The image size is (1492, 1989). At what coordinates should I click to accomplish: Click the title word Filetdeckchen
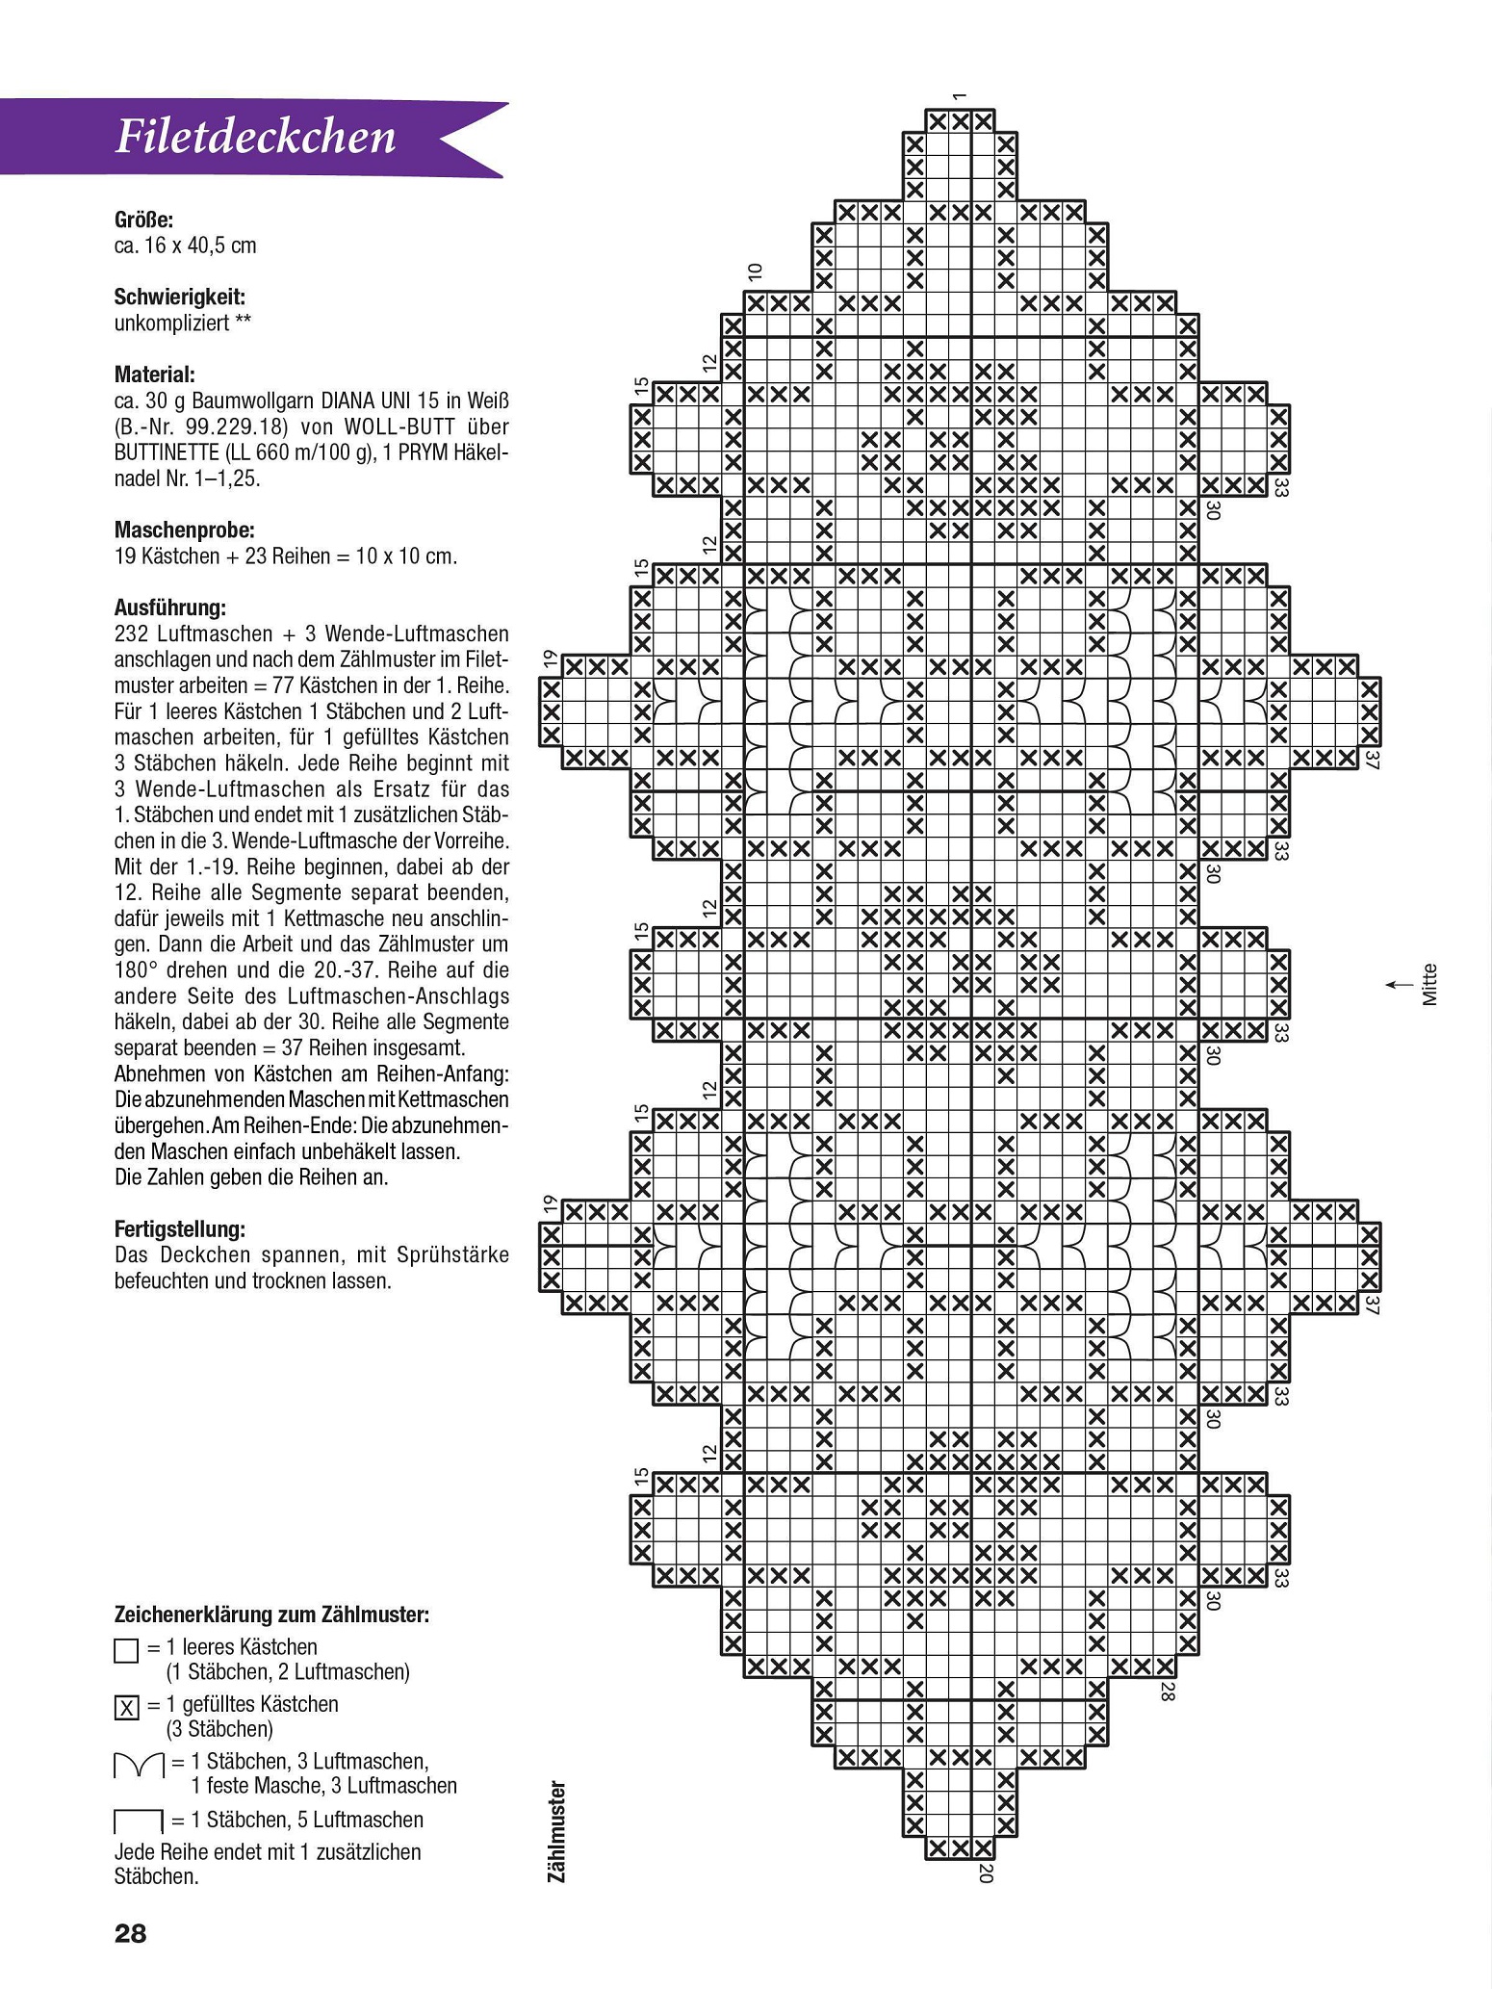tap(255, 138)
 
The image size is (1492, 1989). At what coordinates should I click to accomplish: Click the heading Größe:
tap(143, 220)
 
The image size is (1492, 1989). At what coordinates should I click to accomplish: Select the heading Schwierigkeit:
tap(180, 297)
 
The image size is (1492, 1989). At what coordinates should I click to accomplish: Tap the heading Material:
tap(155, 375)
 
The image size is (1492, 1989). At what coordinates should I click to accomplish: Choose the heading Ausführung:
tap(169, 608)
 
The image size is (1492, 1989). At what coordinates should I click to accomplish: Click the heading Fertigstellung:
tap(180, 1229)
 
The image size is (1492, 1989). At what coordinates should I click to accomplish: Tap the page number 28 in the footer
tap(131, 1933)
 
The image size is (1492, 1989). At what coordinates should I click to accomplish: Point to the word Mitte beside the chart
tap(1430, 985)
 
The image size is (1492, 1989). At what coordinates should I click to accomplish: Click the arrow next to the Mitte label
tap(1394, 985)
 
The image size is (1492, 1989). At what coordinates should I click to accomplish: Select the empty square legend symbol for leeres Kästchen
tap(126, 1652)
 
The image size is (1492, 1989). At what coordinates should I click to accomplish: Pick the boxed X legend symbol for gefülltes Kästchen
tap(126, 1708)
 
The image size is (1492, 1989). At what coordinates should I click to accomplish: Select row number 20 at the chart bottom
tap(984, 1872)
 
